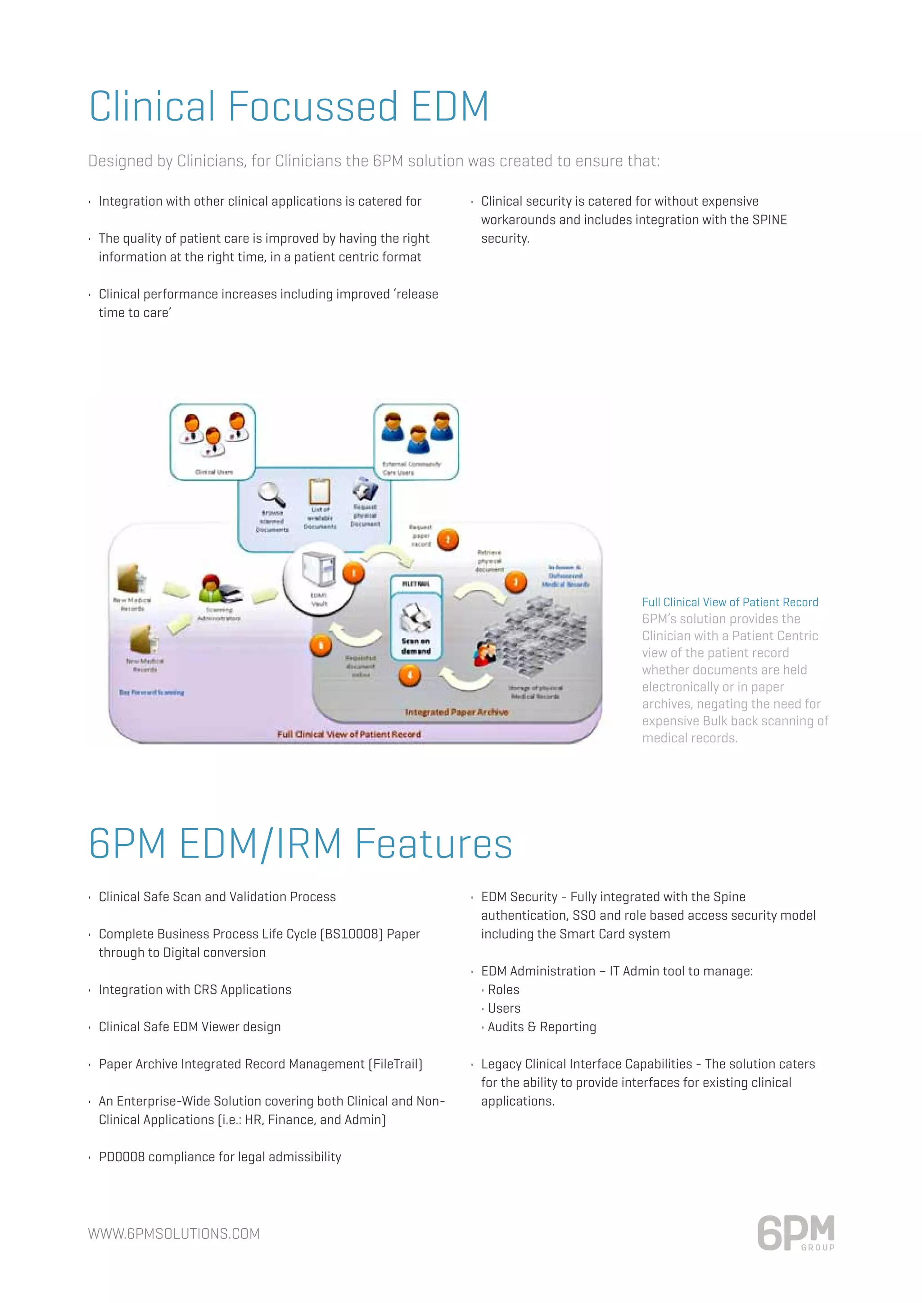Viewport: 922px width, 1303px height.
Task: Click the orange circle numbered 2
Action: pos(448,540)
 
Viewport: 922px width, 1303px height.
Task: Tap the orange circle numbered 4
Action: pos(409,675)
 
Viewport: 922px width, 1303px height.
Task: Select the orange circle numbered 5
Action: pos(321,645)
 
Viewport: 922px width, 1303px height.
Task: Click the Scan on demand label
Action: pos(416,646)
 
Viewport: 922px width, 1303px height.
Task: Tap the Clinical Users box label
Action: pos(213,472)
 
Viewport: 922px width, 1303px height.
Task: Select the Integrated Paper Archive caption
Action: pos(456,712)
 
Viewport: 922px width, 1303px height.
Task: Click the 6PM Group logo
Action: pos(796,1233)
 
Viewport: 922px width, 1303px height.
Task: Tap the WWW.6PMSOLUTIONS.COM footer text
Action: pos(174,1234)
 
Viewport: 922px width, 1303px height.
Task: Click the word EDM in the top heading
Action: pos(450,107)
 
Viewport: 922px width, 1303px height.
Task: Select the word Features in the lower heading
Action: pos(434,844)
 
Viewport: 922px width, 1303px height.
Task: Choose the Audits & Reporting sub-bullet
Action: pos(542,1027)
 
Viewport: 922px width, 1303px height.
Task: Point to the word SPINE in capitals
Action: pos(769,220)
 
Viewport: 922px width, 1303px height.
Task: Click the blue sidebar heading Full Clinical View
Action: pos(730,602)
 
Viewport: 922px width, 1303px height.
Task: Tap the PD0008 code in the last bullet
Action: pos(122,1157)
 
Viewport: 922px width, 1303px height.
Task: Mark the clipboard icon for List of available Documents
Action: pos(320,491)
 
